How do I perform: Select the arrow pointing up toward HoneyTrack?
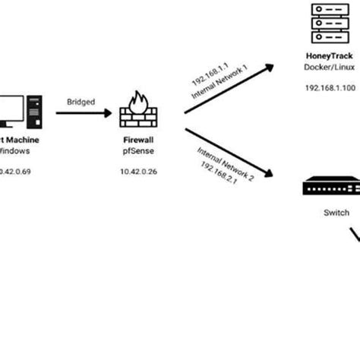click(227, 89)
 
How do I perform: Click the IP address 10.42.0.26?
click(139, 172)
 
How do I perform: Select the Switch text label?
click(332, 213)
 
